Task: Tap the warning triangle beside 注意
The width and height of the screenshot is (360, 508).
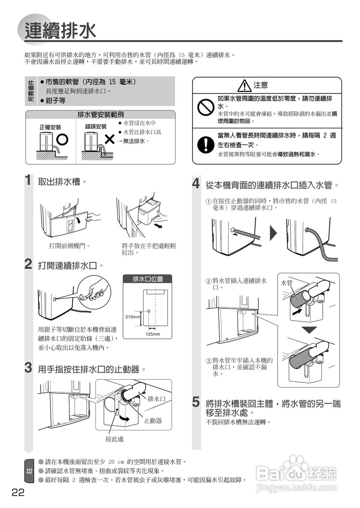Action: (244, 86)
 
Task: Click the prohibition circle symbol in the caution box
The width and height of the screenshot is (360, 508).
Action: (206, 107)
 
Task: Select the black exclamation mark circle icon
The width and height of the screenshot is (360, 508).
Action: (206, 144)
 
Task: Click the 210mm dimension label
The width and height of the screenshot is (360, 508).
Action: (133, 317)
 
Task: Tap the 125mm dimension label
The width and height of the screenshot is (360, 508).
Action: (153, 334)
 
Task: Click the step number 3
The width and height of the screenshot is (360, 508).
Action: (28, 368)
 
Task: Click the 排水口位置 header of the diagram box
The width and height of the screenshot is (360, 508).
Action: (147, 279)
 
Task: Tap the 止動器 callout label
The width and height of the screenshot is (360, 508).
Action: (153, 421)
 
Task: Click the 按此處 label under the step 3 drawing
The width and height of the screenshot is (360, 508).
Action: (115, 439)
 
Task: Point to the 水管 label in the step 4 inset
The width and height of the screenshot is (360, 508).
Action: (287, 283)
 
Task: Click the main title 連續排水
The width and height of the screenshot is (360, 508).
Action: (60, 31)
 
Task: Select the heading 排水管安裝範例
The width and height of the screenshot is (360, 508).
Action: (100, 115)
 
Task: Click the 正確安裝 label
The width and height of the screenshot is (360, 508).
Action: (50, 127)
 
